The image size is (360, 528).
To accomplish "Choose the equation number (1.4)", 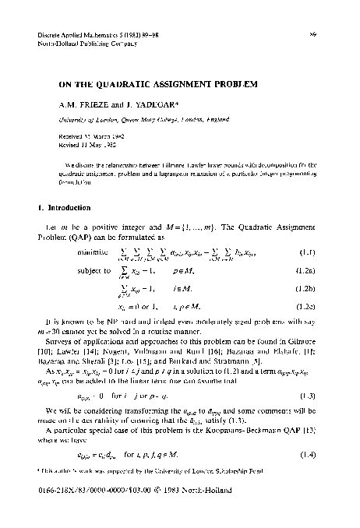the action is click(307, 453).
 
